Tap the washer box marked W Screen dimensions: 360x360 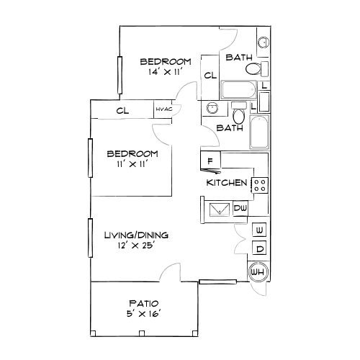[259, 230]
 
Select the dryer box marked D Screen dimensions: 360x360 [259, 249]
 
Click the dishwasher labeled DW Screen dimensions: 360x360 [240, 209]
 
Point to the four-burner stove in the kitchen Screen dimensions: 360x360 [260, 184]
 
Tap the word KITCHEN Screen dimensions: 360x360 [227, 184]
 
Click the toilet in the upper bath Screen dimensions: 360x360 [252, 70]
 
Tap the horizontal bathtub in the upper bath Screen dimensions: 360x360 [238, 90]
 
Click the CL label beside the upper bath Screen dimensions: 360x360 [210, 76]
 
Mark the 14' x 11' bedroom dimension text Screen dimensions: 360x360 [165, 73]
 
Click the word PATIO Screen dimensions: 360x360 [143, 303]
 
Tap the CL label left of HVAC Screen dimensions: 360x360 [122, 110]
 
